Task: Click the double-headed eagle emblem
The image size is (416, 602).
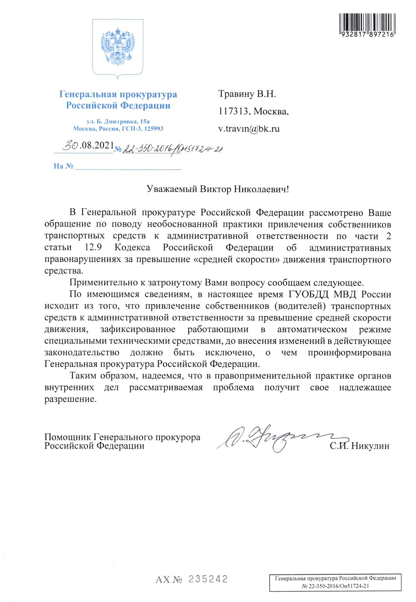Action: point(118,46)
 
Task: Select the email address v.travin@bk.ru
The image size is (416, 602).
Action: point(249,129)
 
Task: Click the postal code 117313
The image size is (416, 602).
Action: point(234,111)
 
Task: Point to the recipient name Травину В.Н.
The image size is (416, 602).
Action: point(247,94)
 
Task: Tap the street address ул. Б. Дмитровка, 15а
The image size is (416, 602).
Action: point(118,122)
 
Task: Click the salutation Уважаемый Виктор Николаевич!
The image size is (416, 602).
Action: point(217,189)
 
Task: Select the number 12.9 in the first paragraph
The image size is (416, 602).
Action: point(93,248)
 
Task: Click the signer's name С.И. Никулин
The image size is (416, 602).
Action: point(359,446)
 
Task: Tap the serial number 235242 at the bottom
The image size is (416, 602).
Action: point(208,579)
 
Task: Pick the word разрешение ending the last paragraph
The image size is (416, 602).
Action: point(70,399)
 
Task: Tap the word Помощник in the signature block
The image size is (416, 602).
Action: point(67,437)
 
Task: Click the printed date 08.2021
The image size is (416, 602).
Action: point(97,145)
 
